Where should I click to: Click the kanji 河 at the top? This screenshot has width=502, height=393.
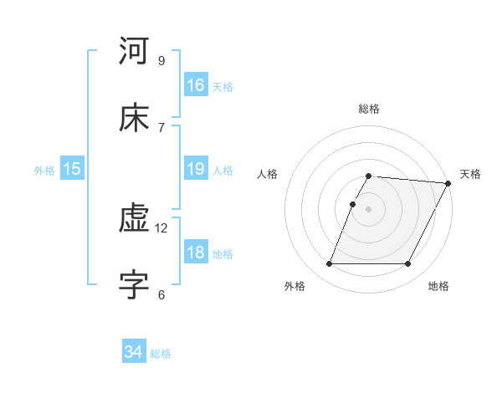135,51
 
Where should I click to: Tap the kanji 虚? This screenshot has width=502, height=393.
135,218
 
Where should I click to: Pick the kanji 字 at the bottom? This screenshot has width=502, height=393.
135,285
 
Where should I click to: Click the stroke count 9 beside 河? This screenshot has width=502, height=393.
161,60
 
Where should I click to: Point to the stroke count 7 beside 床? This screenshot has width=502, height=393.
161,127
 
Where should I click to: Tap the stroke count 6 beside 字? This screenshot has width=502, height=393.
161,294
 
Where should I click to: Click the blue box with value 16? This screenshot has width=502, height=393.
196,85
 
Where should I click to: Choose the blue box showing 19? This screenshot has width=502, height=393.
196,169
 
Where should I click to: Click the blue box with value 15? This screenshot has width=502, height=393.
72,169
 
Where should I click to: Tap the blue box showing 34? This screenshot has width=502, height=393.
134,353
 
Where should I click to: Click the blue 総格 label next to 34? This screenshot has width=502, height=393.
161,354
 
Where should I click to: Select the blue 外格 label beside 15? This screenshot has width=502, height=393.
44,171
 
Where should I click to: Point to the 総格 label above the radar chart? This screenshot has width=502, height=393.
369,109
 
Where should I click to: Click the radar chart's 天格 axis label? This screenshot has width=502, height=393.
471,174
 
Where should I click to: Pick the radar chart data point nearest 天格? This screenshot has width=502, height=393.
448,183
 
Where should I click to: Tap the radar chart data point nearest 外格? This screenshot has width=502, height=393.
330,264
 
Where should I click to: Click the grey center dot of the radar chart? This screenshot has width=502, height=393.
369,209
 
